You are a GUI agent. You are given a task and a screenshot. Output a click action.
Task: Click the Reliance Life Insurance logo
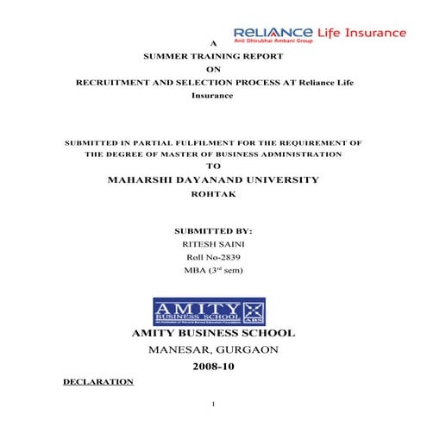319,35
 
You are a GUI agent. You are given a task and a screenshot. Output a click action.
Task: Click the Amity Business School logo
209,311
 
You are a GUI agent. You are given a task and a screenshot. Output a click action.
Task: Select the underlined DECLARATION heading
98,380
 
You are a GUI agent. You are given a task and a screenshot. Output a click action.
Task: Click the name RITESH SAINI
213,245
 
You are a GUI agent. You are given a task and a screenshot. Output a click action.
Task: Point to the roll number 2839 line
213,257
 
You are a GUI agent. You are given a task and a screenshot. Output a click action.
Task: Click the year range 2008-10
213,366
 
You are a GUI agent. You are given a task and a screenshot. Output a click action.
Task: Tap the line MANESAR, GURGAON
213,349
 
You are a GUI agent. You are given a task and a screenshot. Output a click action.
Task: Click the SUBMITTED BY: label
213,231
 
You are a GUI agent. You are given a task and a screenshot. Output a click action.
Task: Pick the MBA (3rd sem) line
213,270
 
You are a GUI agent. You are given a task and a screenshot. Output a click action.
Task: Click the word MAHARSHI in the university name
141,179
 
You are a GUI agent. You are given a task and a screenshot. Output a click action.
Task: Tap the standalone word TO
214,166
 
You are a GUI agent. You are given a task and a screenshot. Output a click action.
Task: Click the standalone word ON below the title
213,69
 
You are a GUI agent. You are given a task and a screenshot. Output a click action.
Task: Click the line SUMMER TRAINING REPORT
213,56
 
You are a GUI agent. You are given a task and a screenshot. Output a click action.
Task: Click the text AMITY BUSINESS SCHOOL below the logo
213,333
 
